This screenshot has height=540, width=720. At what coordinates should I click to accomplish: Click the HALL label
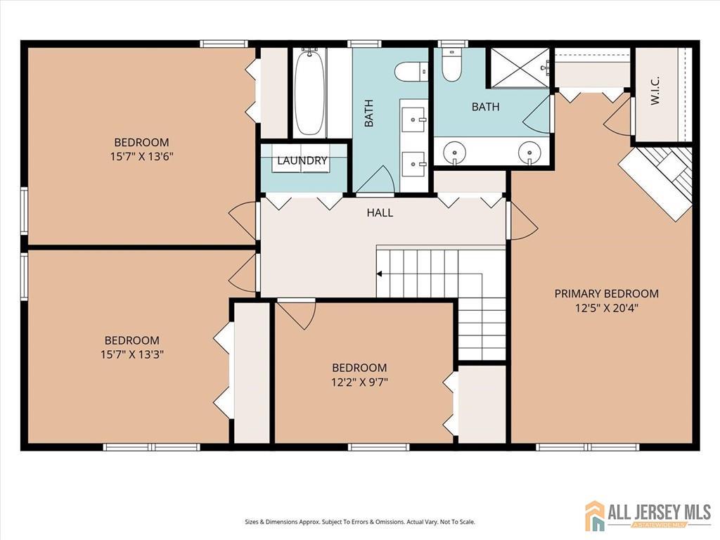[380, 212]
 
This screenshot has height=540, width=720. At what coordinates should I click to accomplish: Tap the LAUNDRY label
[302, 161]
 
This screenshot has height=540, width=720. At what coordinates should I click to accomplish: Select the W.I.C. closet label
[655, 91]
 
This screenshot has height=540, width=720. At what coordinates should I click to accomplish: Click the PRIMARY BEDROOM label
[607, 293]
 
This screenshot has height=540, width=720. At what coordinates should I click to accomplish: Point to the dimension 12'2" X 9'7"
[360, 382]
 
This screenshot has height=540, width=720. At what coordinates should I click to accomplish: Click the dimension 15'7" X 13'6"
[141, 157]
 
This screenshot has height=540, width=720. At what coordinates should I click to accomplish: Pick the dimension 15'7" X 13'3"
[132, 354]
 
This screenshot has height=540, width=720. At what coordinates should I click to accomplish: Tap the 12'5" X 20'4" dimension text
[607, 308]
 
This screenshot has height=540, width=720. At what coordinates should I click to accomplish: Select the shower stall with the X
[520, 67]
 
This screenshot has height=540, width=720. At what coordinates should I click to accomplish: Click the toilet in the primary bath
[451, 65]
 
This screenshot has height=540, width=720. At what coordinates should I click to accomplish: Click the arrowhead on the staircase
[379, 274]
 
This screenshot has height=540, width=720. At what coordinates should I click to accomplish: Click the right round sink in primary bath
[529, 151]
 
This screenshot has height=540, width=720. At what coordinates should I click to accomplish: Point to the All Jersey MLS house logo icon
[595, 515]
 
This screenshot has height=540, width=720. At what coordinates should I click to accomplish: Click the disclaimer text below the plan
[360, 522]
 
